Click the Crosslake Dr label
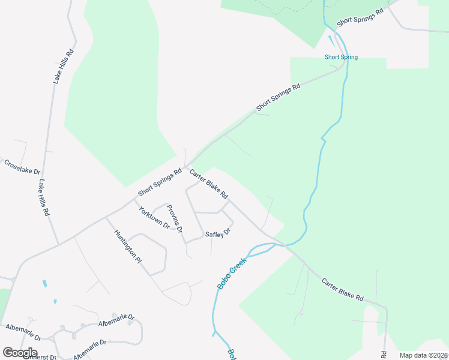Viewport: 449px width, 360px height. (22, 167)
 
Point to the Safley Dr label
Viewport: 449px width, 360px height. (218, 234)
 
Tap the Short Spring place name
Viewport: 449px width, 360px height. (341, 57)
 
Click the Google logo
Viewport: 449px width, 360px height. (20, 352)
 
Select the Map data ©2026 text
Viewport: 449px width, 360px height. (424, 355)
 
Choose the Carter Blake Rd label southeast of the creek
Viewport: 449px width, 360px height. (342, 289)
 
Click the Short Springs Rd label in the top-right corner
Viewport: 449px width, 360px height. (360, 17)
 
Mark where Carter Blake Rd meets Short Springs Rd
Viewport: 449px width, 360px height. (186, 167)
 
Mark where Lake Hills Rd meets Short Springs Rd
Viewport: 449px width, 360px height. (58, 244)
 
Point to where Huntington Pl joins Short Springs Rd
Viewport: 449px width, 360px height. (106, 217)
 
